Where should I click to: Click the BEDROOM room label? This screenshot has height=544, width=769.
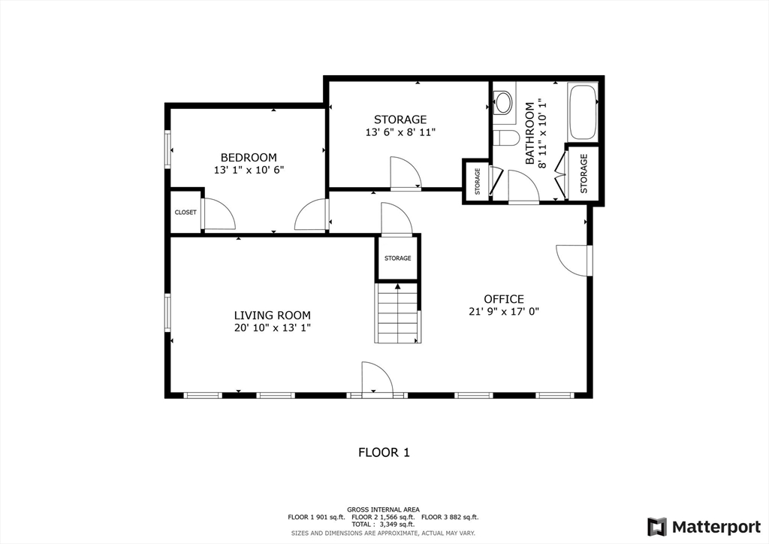coord(248,157)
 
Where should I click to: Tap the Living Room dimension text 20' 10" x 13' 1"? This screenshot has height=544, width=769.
coord(271,328)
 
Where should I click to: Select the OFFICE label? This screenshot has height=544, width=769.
coord(503,299)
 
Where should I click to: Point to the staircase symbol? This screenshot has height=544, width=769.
coord(397,312)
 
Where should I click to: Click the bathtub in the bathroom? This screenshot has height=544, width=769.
coord(583,113)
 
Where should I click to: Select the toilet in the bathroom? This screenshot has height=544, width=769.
coord(507,138)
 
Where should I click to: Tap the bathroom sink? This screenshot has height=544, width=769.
coord(503,101)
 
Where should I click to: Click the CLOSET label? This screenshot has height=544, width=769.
coord(185,212)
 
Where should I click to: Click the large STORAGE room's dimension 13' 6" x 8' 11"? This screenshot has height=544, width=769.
coord(400,132)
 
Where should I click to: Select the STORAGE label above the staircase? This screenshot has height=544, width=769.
coord(397,258)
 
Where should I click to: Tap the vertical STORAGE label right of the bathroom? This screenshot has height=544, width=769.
coord(584,173)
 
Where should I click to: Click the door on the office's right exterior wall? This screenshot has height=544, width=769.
coord(574,260)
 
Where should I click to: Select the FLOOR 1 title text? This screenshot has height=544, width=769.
coord(384,452)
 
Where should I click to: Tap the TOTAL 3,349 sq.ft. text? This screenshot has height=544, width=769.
coord(384,524)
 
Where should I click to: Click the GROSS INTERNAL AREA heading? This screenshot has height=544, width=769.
coord(384,509)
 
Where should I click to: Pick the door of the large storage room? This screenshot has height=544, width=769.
coord(406,174)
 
